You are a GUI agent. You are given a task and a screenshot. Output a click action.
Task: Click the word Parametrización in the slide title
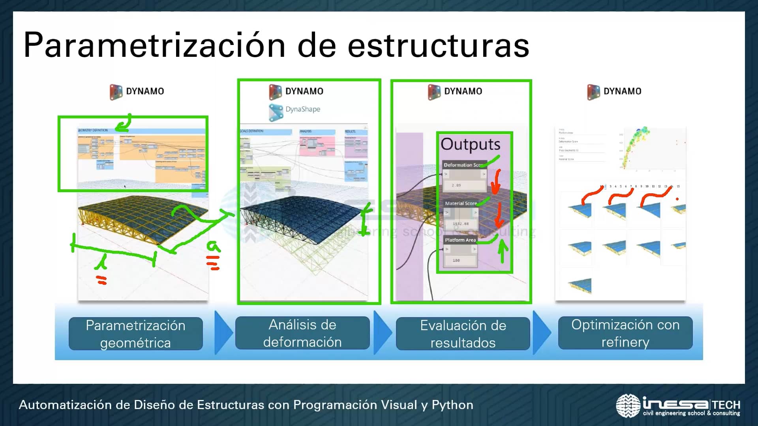[x=154, y=45]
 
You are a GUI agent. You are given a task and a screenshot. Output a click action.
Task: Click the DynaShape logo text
[x=302, y=109]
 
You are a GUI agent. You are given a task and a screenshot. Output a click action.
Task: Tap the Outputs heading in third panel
[x=470, y=144]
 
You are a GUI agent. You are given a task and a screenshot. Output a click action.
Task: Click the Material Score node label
[x=460, y=203]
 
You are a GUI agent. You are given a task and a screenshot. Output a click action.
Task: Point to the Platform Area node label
[x=460, y=240]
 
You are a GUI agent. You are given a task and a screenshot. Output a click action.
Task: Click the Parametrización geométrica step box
[x=135, y=334]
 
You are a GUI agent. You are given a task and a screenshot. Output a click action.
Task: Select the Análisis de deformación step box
[x=302, y=333]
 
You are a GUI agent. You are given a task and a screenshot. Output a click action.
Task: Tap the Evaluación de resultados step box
[x=463, y=334]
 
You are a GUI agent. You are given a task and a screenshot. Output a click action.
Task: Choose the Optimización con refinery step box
[x=625, y=333]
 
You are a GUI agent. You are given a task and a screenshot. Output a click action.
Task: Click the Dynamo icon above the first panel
[x=116, y=92]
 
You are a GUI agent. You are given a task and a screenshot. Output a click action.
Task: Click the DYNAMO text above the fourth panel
[x=622, y=92]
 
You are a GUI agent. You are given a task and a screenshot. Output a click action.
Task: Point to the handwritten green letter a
[x=213, y=247]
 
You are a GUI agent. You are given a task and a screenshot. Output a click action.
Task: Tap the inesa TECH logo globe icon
[x=628, y=405]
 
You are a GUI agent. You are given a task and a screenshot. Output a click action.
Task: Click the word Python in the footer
[x=452, y=405]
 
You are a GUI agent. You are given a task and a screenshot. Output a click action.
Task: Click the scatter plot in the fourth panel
[x=636, y=148]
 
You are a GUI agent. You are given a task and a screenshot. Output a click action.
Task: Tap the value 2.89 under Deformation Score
[x=456, y=185]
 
